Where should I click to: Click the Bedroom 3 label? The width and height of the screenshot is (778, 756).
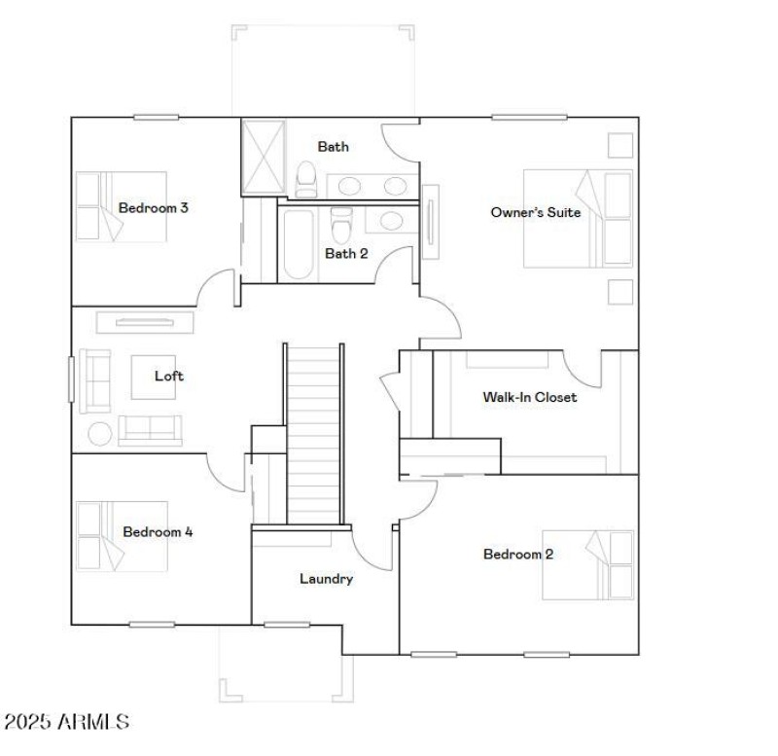pos(153,207)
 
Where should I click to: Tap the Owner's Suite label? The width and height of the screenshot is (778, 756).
pos(535,211)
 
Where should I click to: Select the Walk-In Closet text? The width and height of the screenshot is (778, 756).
pos(529,397)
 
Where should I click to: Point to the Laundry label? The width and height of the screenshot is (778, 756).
pos(326,579)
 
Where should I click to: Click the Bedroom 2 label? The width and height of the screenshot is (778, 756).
pos(518,554)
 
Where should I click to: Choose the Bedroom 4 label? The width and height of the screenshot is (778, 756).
pos(158,532)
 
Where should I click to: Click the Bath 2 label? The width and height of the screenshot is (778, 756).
pos(346,254)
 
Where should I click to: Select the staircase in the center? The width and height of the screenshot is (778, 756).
pos(314,433)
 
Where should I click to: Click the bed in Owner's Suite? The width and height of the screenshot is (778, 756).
pos(576,219)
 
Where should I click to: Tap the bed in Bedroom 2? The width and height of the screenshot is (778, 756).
pos(587,564)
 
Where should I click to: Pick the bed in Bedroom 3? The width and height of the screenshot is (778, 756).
pos(108,206)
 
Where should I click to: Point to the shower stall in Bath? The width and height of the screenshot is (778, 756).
pos(260,157)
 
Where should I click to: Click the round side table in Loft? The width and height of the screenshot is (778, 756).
pos(100,432)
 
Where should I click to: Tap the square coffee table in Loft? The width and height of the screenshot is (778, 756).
pos(153,377)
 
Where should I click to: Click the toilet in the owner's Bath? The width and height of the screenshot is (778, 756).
pos(306,178)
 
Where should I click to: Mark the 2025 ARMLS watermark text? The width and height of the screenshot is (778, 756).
pos(66,721)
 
